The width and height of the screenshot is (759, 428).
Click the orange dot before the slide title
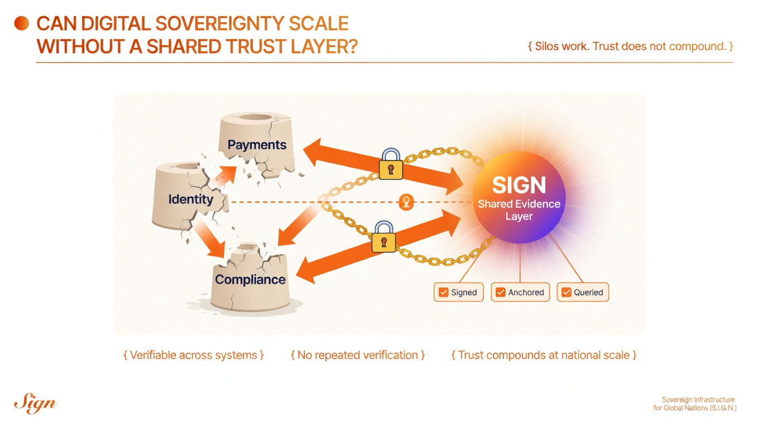pyautogui.click(x=21, y=23)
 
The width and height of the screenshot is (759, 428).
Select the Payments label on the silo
pyautogui.click(x=257, y=145)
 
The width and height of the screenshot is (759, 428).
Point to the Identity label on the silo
pyautogui.click(x=191, y=199)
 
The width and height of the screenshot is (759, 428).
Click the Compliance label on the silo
pyautogui.click(x=250, y=280)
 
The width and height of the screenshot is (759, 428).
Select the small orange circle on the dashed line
pyautogui.click(x=407, y=202)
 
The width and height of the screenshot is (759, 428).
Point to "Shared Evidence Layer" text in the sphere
pyautogui.click(x=519, y=210)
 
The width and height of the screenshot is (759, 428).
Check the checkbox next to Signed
pyautogui.click(x=444, y=292)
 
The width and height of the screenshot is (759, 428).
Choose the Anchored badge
pyautogui.click(x=520, y=292)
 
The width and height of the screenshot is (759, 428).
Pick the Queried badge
pyautogui.click(x=583, y=292)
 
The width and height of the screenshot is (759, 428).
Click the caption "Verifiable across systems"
pyautogui.click(x=194, y=355)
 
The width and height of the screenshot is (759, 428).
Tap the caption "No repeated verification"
pyautogui.click(x=358, y=355)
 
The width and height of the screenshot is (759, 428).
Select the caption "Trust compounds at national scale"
pyautogui.click(x=544, y=355)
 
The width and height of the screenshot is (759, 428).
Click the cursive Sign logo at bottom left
pyautogui.click(x=35, y=403)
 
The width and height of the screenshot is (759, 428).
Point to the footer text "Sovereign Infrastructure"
pyautogui.click(x=698, y=400)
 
